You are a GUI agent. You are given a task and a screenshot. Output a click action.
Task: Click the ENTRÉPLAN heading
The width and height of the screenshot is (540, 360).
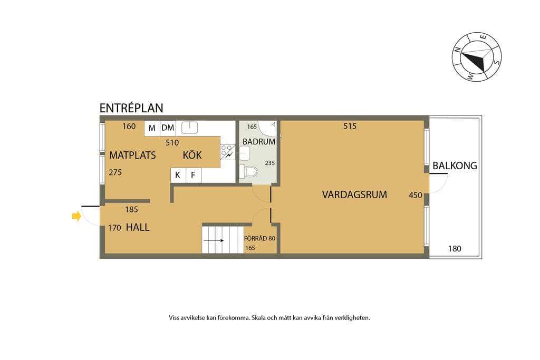(x=131, y=108)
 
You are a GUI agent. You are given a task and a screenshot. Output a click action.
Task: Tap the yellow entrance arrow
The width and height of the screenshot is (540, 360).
(x=76, y=217)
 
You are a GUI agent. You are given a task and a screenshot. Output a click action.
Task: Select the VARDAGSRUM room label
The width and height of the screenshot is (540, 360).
(x=354, y=195)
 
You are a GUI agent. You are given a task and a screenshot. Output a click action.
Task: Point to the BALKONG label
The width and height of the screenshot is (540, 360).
(x=455, y=166)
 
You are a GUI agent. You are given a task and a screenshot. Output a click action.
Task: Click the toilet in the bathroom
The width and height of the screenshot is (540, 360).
(x=249, y=171)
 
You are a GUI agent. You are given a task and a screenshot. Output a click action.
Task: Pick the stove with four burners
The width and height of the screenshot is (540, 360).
(x=228, y=152)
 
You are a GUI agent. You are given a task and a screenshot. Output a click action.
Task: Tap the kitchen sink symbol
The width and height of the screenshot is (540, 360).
(x=189, y=128)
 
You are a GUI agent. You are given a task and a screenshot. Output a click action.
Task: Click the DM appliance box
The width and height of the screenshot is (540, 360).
(x=168, y=128)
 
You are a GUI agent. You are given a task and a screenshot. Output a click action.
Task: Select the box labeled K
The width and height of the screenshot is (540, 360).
(x=178, y=175)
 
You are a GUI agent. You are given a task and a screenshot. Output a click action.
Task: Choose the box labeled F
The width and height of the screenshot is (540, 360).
(x=194, y=175)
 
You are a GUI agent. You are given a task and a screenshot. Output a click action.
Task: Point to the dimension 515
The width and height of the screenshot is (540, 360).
(x=350, y=127)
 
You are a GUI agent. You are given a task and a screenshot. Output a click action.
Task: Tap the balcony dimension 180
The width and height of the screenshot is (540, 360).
(x=455, y=248)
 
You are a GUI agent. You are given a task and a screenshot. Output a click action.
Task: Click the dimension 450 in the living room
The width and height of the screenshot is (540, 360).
(x=416, y=195)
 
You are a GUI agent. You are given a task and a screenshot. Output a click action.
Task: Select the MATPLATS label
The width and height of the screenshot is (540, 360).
(x=132, y=155)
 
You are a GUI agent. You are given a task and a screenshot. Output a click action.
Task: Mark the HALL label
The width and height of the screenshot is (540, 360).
(x=138, y=227)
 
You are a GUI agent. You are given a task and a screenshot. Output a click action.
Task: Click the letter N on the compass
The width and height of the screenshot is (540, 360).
(x=458, y=50)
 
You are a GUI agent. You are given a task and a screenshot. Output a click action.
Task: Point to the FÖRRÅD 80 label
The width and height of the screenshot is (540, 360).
(x=259, y=238)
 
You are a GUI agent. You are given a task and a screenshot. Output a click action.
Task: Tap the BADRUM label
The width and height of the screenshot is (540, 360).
(x=259, y=141)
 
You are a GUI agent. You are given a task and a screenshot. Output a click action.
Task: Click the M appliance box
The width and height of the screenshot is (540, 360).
(x=152, y=128)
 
